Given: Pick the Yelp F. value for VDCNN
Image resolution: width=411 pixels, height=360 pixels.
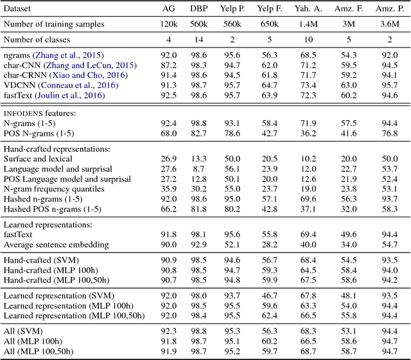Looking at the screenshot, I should point(270,85).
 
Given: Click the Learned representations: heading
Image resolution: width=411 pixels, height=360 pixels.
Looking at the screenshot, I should point(44,224).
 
